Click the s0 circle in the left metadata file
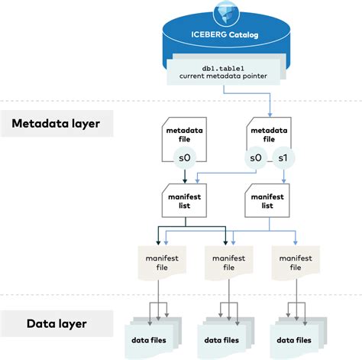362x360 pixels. (184, 157)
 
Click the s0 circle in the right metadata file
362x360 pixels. (256, 157)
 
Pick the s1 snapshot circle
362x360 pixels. (283, 157)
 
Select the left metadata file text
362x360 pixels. (183, 135)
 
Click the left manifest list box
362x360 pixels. (183, 200)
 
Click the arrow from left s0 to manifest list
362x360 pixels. (184, 175)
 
